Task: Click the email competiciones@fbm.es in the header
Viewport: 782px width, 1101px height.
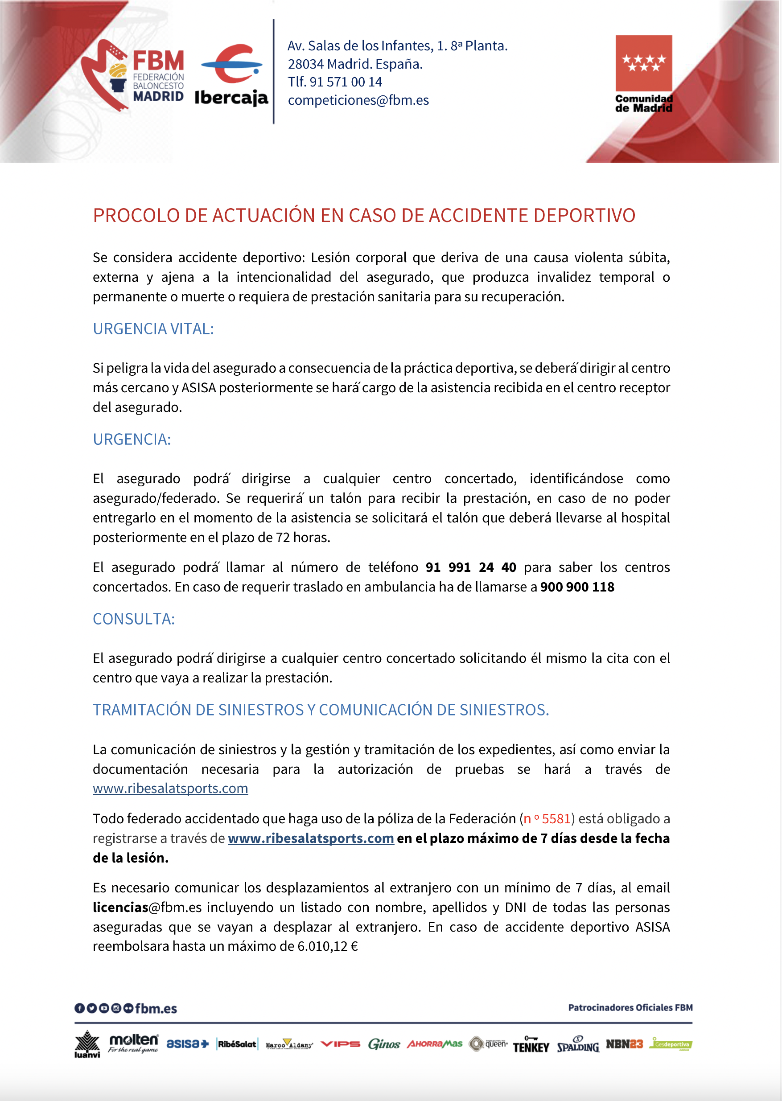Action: (358, 100)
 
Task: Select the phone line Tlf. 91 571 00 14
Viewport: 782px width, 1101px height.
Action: (335, 82)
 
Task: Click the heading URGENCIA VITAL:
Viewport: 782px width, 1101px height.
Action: (153, 329)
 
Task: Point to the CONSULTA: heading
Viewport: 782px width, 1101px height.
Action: (134, 619)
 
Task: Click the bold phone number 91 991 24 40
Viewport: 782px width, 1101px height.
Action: (470, 567)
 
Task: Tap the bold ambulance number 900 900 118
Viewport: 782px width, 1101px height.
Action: (577, 587)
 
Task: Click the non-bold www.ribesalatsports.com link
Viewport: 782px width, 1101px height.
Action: (170, 789)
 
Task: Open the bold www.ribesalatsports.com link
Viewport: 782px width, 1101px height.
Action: (311, 838)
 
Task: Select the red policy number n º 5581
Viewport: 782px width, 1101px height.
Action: (547, 819)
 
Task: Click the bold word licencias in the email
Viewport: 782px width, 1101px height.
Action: (120, 908)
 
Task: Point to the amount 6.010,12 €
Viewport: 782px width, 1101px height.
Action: (327, 946)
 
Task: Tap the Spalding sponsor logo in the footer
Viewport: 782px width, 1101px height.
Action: (578, 1044)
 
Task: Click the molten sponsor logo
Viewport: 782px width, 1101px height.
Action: (133, 1043)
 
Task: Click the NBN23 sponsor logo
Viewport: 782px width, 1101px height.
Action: (624, 1043)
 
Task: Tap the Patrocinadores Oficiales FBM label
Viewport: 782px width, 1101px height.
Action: (630, 1007)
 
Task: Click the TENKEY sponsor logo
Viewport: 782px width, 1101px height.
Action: (531, 1045)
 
